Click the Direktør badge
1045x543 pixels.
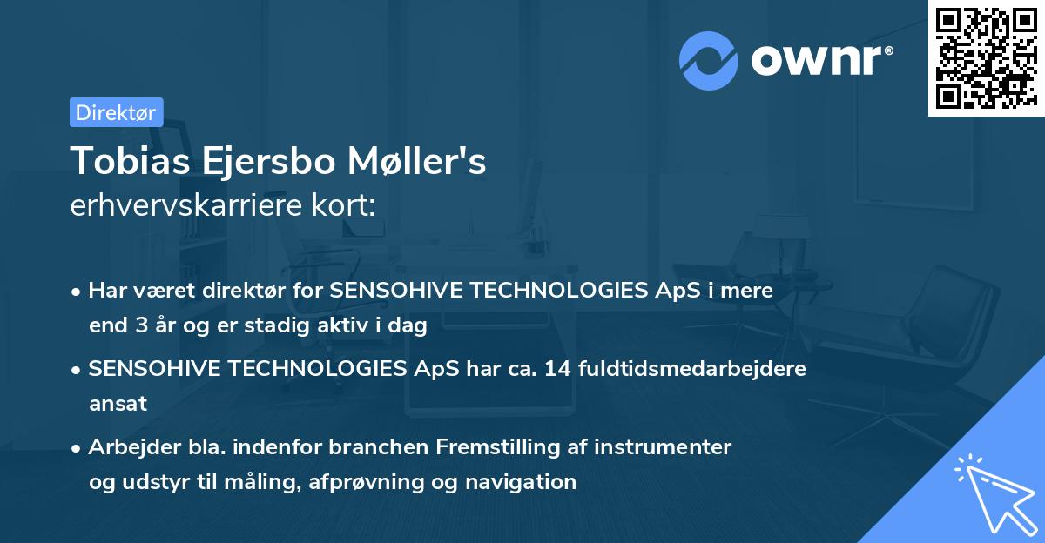click(116, 112)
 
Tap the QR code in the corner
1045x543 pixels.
click(985, 58)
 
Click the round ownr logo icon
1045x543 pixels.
click(708, 60)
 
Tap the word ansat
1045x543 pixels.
click(118, 404)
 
